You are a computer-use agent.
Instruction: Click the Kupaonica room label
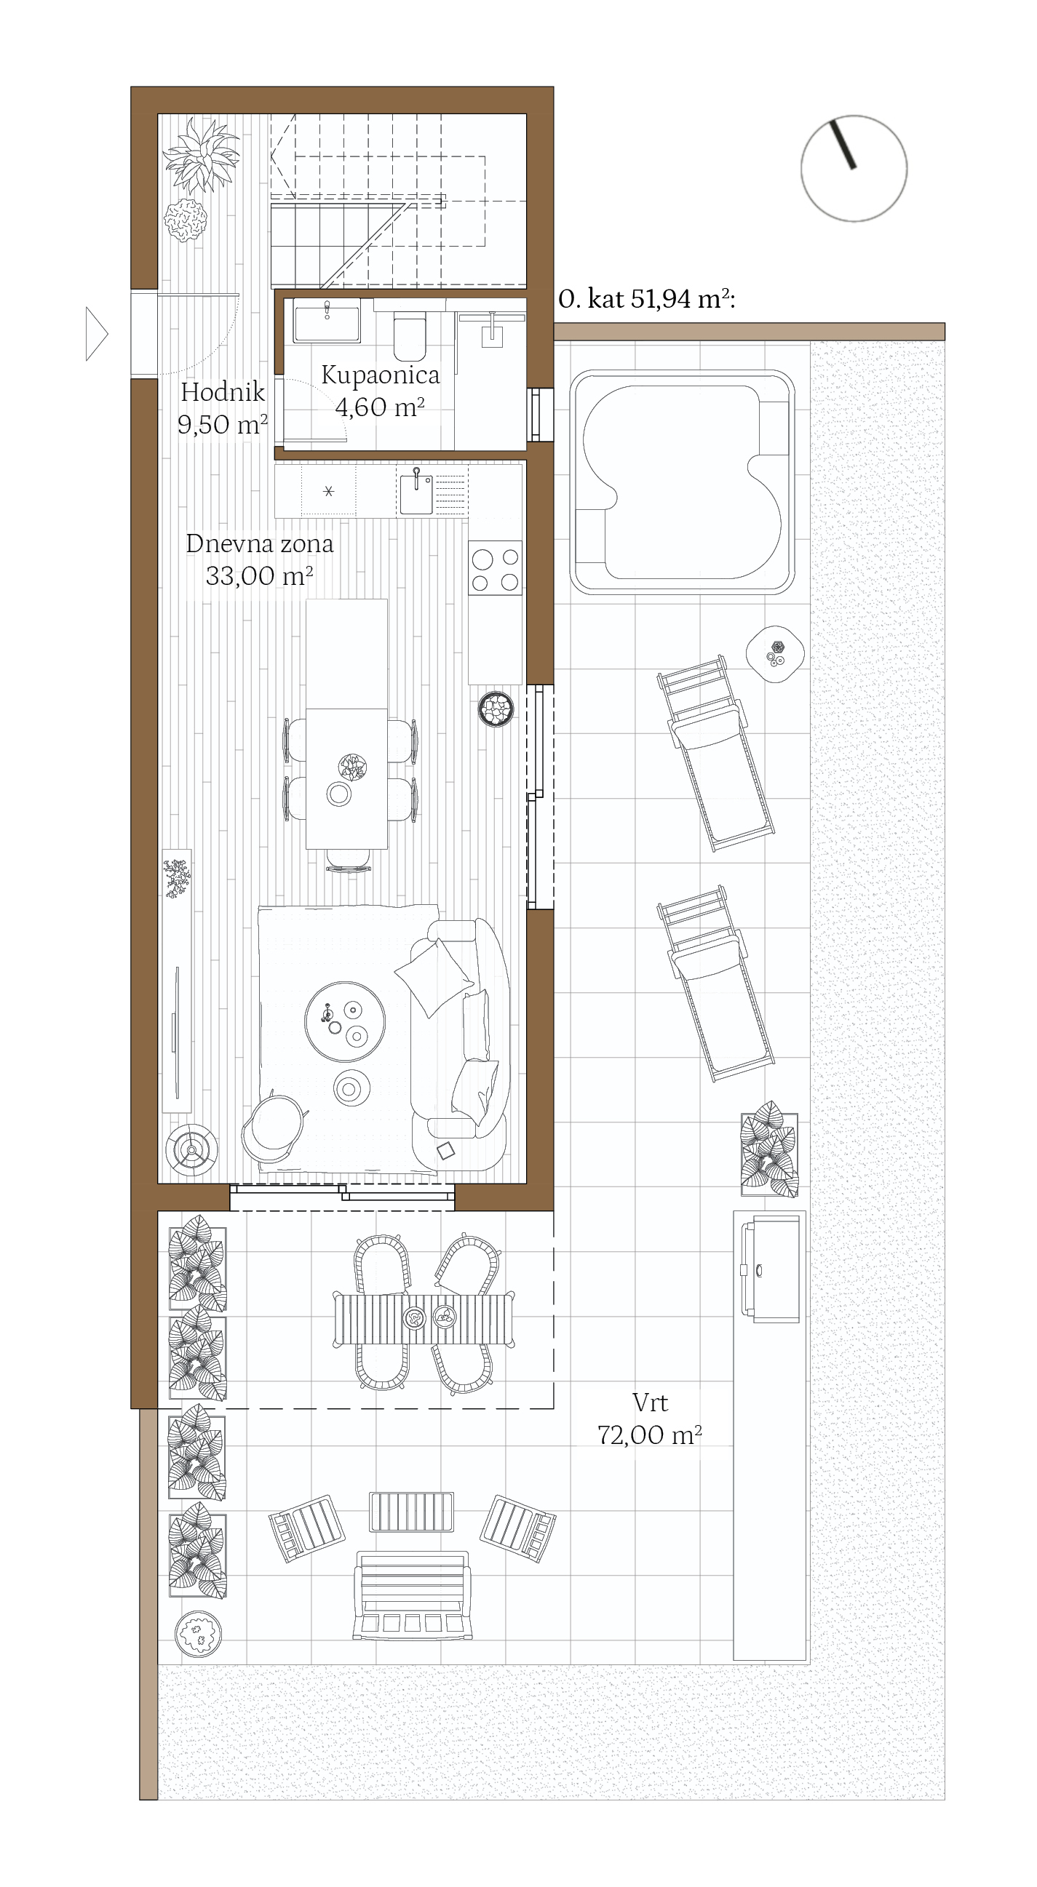[x=381, y=375]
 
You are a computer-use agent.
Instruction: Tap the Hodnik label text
[x=222, y=392]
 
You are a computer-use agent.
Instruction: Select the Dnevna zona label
[x=260, y=543]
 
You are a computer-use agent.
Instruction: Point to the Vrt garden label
[x=650, y=1403]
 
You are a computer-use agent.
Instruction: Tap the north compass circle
[x=854, y=169]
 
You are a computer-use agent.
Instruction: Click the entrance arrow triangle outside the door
[x=97, y=334]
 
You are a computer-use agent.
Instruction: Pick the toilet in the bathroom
[x=409, y=332]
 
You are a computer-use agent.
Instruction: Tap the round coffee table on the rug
[x=345, y=1022]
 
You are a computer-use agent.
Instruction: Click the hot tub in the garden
[x=683, y=482]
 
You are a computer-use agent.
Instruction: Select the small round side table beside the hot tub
[x=775, y=654]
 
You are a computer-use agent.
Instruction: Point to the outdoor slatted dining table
[x=424, y=1320]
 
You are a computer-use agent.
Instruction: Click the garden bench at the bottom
[x=413, y=1595]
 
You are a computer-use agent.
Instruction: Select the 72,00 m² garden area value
[x=650, y=1435]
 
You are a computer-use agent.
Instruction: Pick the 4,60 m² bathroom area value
[x=381, y=407]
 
